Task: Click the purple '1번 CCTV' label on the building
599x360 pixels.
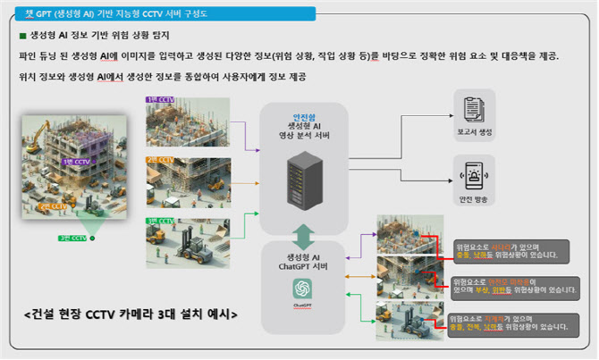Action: click(76, 163)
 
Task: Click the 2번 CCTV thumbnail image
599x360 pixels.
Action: click(188, 180)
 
